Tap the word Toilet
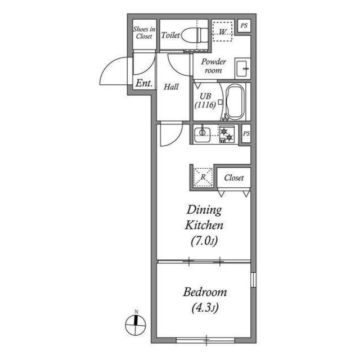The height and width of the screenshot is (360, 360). (170, 35)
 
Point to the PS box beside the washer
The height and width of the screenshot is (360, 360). (244, 25)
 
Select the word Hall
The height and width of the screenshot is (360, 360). (171, 87)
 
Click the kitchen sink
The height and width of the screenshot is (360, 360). (202, 133)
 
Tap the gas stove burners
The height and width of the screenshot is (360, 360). (226, 134)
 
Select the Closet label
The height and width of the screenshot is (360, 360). (234, 178)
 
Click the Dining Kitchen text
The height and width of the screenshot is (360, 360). (205, 218)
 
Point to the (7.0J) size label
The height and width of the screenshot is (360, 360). (204, 241)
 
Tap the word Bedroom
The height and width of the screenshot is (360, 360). (205, 292)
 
